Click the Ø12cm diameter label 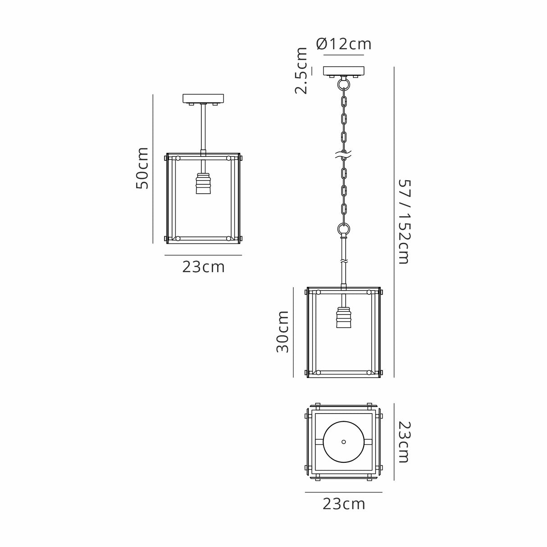coord(344,44)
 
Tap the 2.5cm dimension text coord(301,71)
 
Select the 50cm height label coord(142,168)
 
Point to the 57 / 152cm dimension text coord(404,221)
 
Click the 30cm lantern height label coord(282,332)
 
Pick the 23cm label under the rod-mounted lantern coord(203,267)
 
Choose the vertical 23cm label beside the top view coord(404,442)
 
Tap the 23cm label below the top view coord(344,503)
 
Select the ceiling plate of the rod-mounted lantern coord(203,98)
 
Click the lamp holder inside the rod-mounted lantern coord(203,184)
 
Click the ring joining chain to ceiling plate coord(344,84)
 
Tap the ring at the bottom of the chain coord(344,229)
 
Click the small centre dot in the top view coord(344,442)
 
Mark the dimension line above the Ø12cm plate coord(344,55)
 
